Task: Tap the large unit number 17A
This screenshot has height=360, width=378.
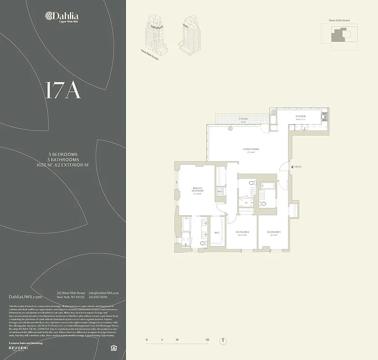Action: [63, 90]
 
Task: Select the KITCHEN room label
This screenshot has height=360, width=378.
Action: [301, 117]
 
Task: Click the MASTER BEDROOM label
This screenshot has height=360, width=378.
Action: [197, 189]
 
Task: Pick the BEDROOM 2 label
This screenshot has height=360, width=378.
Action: [242, 232]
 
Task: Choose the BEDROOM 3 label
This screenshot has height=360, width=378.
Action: [275, 232]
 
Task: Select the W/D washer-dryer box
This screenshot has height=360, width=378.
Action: [220, 192]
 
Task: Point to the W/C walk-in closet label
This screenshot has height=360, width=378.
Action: [216, 232]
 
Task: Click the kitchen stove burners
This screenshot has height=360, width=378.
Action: [325, 119]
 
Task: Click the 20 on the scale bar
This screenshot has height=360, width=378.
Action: [207, 340]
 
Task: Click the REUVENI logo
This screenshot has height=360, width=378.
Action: [22, 348]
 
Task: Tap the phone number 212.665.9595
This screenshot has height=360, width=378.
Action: [98, 297]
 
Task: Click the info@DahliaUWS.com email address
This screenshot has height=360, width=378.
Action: [104, 293]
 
